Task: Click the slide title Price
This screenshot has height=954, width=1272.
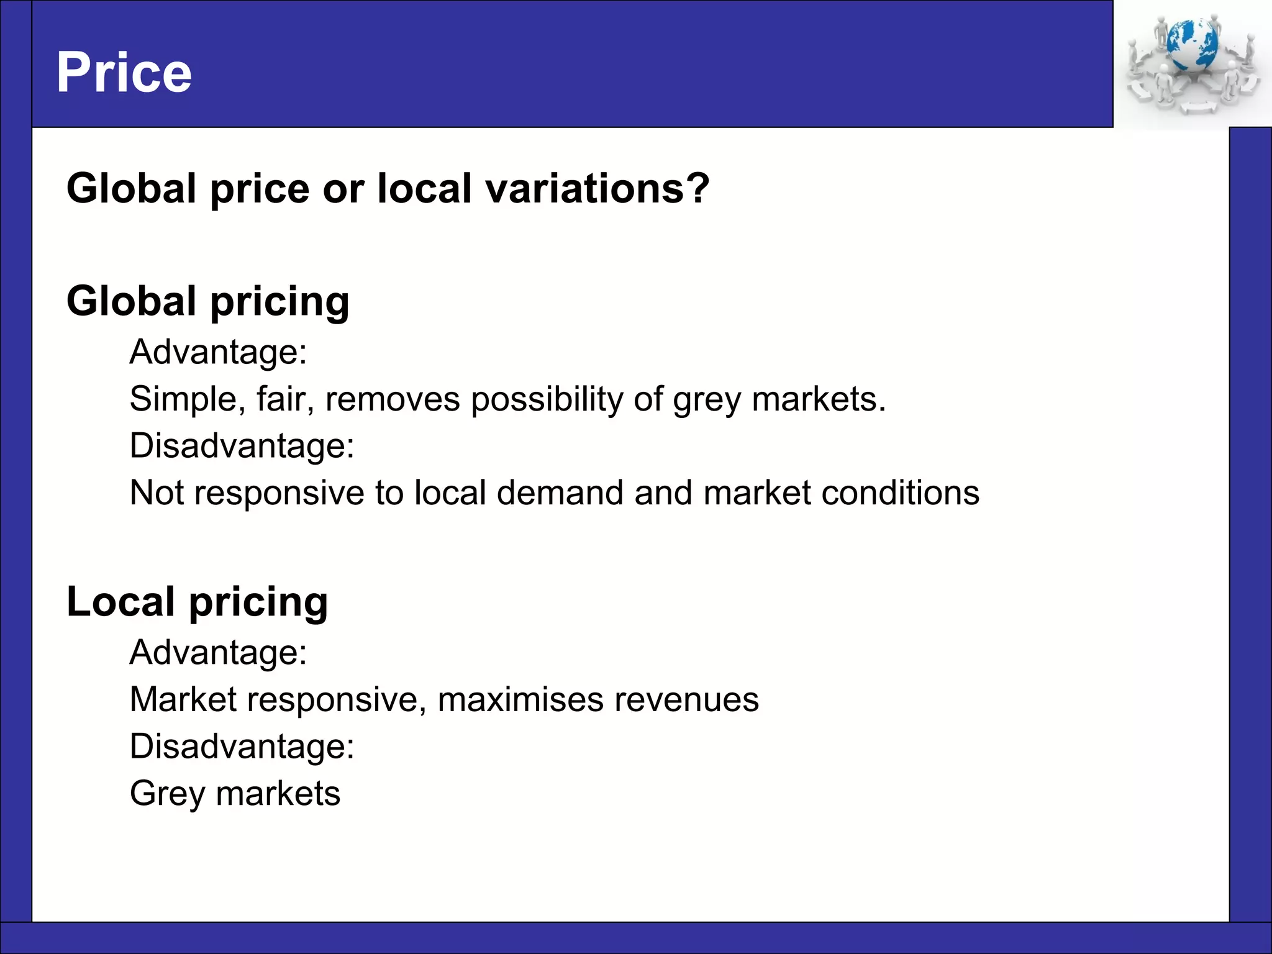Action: point(124,73)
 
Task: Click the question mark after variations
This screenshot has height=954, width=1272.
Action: point(697,188)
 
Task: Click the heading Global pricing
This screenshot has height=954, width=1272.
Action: point(208,302)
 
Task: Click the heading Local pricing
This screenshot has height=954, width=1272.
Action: point(197,602)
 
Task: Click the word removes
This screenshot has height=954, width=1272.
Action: point(393,399)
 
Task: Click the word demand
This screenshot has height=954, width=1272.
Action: point(560,493)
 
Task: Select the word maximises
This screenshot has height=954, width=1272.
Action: point(520,699)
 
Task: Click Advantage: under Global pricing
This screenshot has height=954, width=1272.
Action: point(218,352)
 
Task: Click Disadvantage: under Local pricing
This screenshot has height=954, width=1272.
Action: point(242,747)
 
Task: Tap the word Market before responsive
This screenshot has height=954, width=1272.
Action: point(183,699)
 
